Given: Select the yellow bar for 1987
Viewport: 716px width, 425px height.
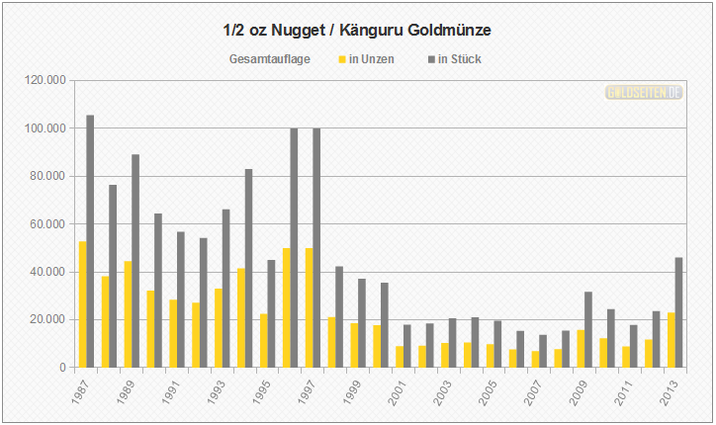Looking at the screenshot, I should pyautogui.click(x=82, y=304).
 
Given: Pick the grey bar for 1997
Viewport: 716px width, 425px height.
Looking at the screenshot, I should pyautogui.click(x=316, y=247).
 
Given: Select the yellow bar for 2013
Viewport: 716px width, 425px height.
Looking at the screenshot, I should pyautogui.click(x=671, y=340).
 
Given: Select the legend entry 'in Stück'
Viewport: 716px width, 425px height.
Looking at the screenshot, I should pyautogui.click(x=455, y=59).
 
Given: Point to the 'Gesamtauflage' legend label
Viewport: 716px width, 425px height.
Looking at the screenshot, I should pyautogui.click(x=270, y=59).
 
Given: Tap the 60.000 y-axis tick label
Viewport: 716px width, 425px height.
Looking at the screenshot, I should pyautogui.click(x=47, y=223).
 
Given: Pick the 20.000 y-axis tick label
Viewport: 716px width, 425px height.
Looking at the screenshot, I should pyautogui.click(x=47, y=319).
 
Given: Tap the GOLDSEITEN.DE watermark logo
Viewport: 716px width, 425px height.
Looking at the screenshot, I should pyautogui.click(x=645, y=92).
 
